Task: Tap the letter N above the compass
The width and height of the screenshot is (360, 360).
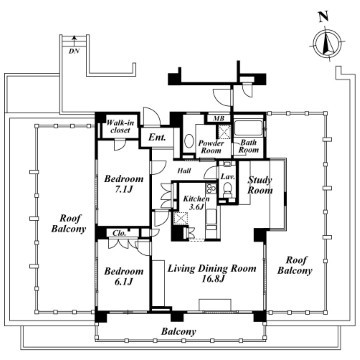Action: [x=322, y=18]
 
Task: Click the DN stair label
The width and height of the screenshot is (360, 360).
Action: [x=74, y=51]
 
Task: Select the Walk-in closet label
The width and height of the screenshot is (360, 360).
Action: [x=120, y=127]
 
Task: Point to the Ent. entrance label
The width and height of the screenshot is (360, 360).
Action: [x=157, y=137]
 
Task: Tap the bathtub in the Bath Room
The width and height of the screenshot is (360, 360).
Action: [x=249, y=129]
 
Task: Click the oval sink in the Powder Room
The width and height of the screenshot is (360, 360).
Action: [x=189, y=141]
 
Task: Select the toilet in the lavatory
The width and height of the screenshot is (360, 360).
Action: [x=228, y=190]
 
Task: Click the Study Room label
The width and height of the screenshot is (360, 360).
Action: [x=260, y=185]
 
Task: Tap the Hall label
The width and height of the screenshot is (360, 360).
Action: [x=184, y=171]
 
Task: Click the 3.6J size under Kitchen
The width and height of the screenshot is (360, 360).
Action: [x=196, y=206]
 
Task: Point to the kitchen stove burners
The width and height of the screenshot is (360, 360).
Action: [x=211, y=188]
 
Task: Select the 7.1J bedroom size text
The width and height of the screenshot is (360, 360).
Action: [x=124, y=190]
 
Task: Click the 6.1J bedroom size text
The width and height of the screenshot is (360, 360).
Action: [x=124, y=282]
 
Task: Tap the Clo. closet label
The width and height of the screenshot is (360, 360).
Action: [x=119, y=234]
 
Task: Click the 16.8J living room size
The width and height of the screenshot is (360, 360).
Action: [x=211, y=279]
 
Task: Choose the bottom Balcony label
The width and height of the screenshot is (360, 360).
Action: [x=179, y=332]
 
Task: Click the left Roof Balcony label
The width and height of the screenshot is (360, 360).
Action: [x=69, y=224]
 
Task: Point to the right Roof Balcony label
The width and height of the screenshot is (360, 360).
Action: [x=295, y=265]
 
